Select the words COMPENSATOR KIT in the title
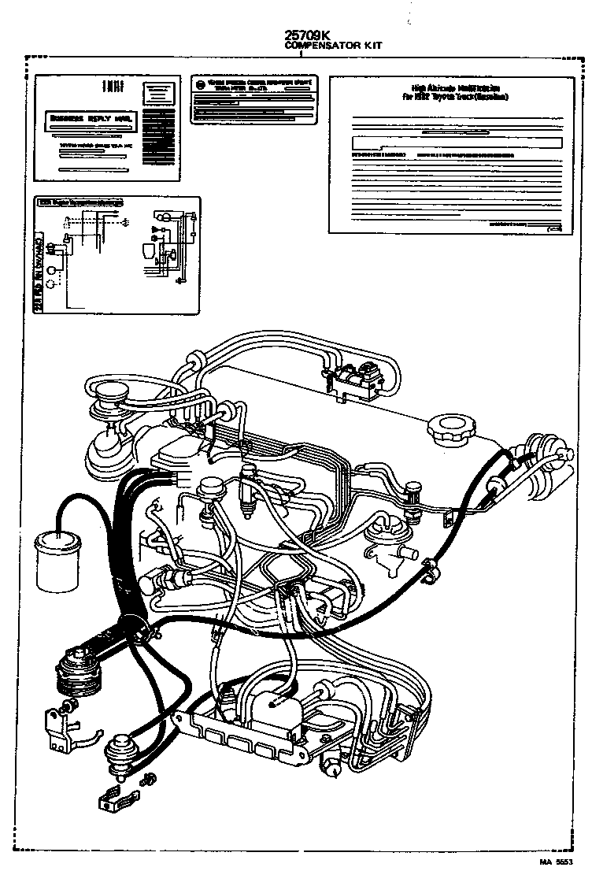333,46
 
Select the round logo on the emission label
202,85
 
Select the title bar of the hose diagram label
82,203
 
